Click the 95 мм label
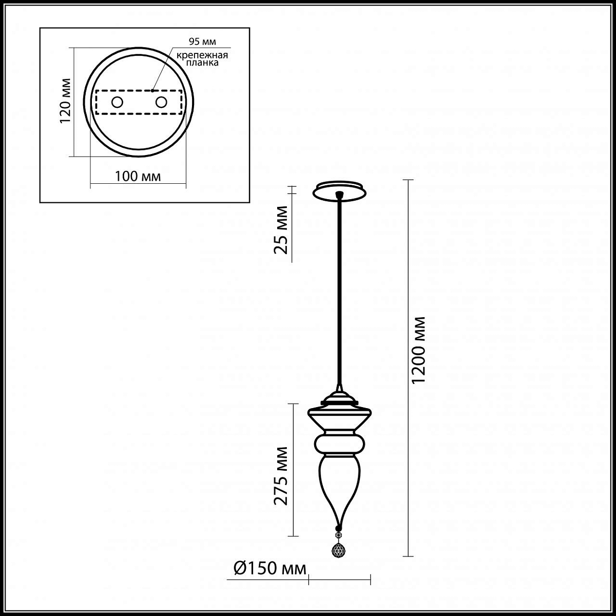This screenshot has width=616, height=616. tap(202, 42)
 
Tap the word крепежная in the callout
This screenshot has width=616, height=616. tap(202, 55)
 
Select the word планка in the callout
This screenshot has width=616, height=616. tap(202, 63)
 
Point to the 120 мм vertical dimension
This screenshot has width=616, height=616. tap(65, 101)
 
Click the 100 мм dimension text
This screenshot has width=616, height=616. tap(138, 176)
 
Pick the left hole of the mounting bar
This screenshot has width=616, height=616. tap(117, 102)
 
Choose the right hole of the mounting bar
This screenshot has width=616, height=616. tap(161, 102)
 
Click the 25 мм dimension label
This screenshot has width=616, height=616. tap(281, 230)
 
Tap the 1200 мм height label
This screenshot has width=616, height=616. tap(418, 350)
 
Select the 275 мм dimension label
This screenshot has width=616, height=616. tap(281, 475)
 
